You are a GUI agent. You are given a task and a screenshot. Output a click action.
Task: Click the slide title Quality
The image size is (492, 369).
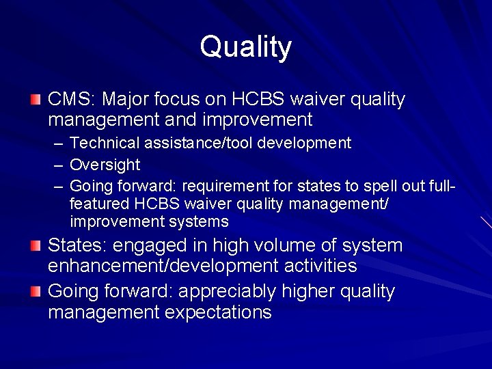(x=246, y=47)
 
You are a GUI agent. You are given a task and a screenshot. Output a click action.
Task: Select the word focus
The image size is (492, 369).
(x=179, y=100)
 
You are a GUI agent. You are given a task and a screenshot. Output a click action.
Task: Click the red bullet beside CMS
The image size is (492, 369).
(x=36, y=100)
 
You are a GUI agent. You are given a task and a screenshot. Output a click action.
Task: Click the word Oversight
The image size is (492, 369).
(x=105, y=165)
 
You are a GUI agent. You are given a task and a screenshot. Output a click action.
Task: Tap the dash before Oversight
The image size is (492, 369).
(x=57, y=165)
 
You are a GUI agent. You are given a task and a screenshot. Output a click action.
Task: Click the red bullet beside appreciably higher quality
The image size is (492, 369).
(x=36, y=292)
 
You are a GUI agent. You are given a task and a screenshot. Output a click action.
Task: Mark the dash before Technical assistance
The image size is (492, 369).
(x=57, y=144)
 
